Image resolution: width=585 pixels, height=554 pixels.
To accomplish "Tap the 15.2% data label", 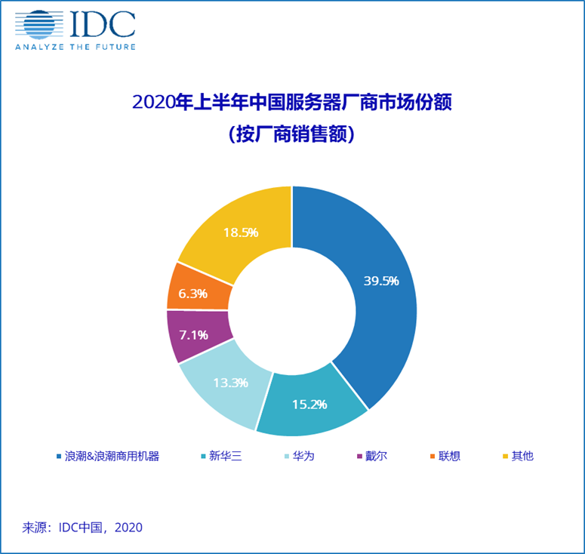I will (x=309, y=404).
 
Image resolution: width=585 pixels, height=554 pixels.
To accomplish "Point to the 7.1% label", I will (x=193, y=334).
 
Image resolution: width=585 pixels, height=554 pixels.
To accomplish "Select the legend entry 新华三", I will (x=226, y=456).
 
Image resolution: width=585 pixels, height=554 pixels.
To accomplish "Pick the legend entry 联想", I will (x=450, y=456).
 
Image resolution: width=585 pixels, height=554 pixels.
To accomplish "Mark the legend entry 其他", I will (x=522, y=456).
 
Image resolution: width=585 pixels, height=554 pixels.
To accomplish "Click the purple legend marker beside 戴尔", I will (x=359, y=456).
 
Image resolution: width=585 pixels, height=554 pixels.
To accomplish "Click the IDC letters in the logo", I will (x=102, y=25).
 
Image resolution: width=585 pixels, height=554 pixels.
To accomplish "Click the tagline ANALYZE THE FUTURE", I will (x=75, y=47).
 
